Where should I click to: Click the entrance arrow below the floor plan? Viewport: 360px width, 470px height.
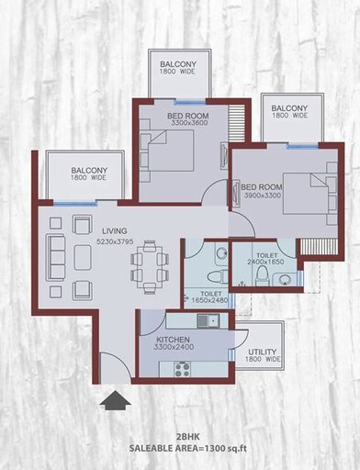pyautogui.click(x=115, y=401)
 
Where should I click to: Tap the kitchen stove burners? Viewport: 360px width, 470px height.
pyautogui.click(x=181, y=369)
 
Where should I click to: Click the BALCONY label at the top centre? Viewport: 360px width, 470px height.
pyautogui.click(x=180, y=64)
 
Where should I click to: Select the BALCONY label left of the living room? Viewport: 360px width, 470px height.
pyautogui.click(x=89, y=170)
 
